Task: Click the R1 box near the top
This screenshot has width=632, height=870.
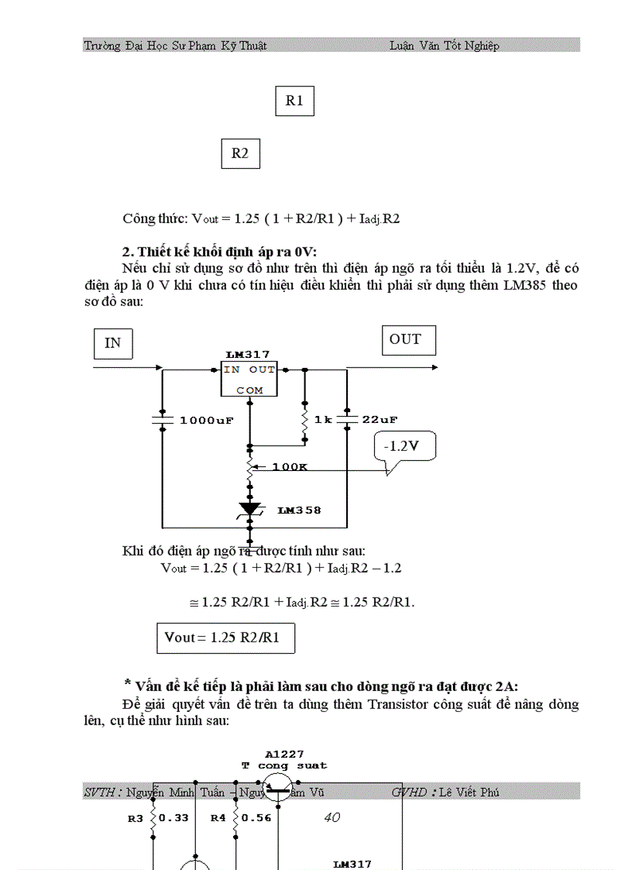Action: pos(294,101)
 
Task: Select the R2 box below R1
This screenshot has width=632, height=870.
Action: pos(240,153)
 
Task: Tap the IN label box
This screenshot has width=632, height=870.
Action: pos(112,343)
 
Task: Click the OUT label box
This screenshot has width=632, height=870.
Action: pos(408,340)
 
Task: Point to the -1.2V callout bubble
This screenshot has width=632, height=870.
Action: pos(405,447)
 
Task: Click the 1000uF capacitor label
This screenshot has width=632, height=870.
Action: pos(207,421)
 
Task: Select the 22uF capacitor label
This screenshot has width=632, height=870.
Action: pos(380,420)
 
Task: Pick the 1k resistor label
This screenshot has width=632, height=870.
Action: pos(323,420)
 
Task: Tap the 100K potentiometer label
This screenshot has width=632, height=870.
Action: pos(290,468)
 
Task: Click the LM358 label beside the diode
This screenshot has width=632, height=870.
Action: pos(299,511)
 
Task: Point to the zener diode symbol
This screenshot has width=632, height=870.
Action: pos(249,509)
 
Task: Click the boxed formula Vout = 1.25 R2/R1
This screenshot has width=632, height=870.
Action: pos(225,638)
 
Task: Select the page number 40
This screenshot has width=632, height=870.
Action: pos(331,817)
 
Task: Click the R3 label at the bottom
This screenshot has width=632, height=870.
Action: pos(135,817)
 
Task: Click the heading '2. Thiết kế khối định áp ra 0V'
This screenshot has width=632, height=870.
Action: pos(220,252)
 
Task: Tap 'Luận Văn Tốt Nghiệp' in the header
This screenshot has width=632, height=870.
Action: pos(445,46)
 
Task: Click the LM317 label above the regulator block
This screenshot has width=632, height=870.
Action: pos(248,354)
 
